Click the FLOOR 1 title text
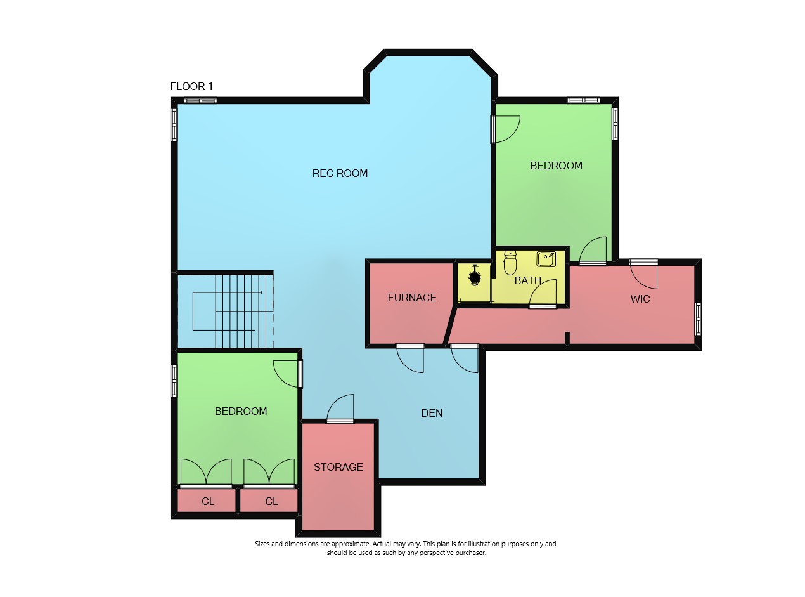[x=191, y=86]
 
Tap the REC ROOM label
[x=340, y=173]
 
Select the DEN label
[x=432, y=413]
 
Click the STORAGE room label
[x=338, y=467]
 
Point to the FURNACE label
[x=412, y=298]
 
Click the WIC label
[x=640, y=299]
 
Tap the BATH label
[x=528, y=280]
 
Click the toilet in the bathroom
[x=510, y=263]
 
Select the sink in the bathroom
[x=546, y=259]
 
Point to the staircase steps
[x=244, y=311]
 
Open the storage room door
[x=340, y=408]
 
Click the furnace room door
[x=409, y=358]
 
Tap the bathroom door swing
[x=542, y=293]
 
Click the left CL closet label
[x=208, y=501]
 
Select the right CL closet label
[x=271, y=501]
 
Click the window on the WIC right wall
[x=698, y=319]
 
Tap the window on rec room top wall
[x=200, y=100]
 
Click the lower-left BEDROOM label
[x=241, y=411]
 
